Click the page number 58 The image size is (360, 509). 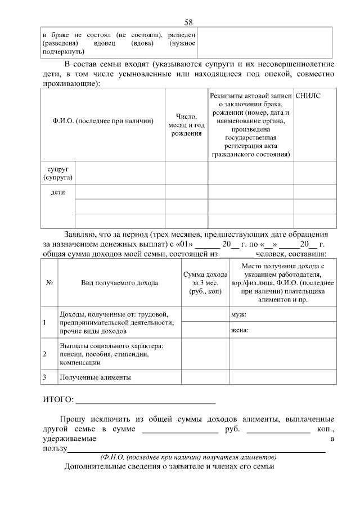click(189, 22)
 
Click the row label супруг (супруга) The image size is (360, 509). click(58, 173)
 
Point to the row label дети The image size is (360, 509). click(58, 192)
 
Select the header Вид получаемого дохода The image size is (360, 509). click(119, 282)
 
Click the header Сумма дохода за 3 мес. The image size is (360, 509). click(205, 283)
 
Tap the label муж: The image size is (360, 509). click(239, 315)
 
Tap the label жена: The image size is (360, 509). click(240, 330)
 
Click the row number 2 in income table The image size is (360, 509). click(45, 354)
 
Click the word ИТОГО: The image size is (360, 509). click(58, 400)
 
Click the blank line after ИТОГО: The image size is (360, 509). click(145, 401)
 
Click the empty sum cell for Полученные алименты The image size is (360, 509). click(205, 377)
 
